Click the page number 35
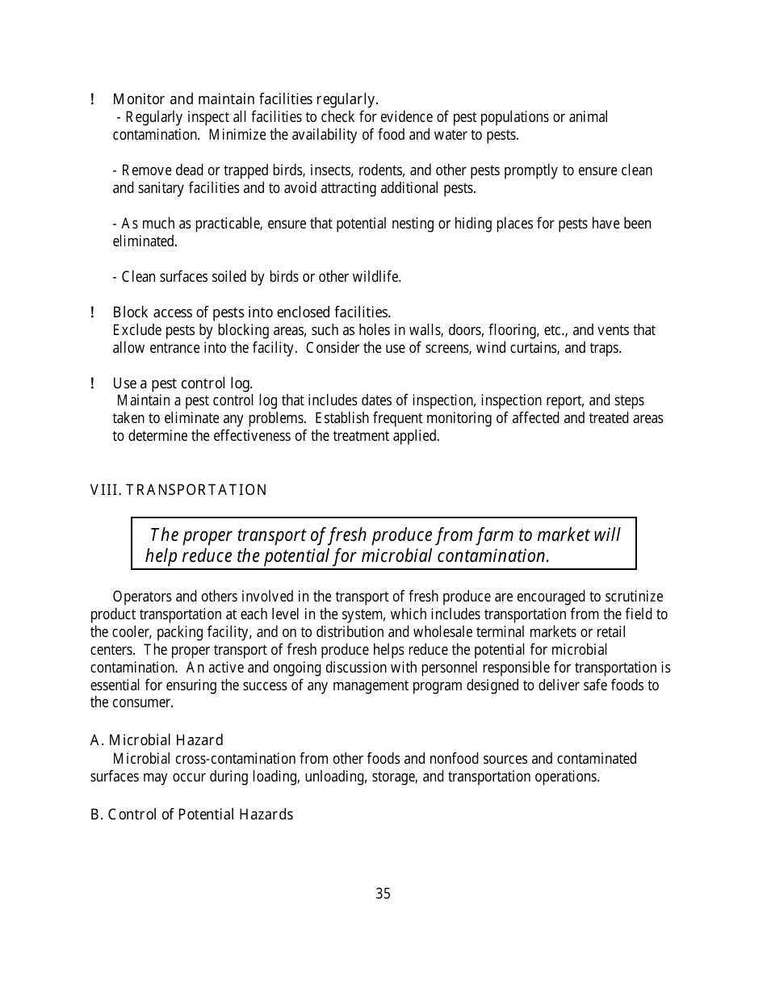pyautogui.click(x=383, y=894)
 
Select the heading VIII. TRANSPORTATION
pyautogui.click(x=178, y=490)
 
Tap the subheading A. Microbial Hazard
pyautogui.click(x=157, y=740)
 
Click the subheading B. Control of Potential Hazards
pyautogui.click(x=191, y=815)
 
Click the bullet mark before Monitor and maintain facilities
pyautogui.click(x=94, y=99)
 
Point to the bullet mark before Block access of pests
pyautogui.click(x=94, y=312)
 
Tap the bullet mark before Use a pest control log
pyautogui.click(x=94, y=383)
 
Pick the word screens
pyautogui.click(x=449, y=348)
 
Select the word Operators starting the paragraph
pyautogui.click(x=141, y=597)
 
